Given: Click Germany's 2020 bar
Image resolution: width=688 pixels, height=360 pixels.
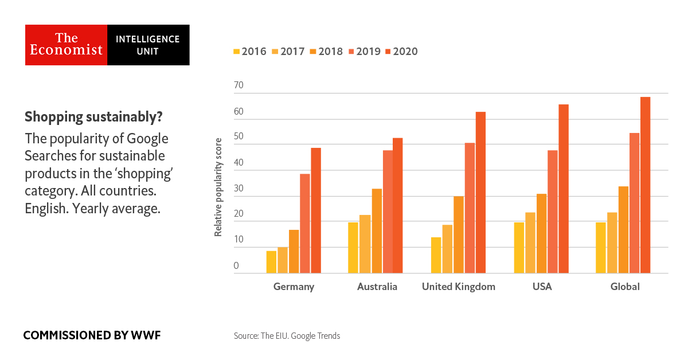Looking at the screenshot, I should [316, 210].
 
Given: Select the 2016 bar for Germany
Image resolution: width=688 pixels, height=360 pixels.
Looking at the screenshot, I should [271, 262].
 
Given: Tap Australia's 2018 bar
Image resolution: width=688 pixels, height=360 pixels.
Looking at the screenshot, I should [377, 231].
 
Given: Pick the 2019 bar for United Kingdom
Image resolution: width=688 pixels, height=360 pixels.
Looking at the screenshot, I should [470, 208].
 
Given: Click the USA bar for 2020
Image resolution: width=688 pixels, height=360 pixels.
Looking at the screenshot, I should [563, 189].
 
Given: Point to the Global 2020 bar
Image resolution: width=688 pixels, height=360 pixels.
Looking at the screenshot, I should [646, 185].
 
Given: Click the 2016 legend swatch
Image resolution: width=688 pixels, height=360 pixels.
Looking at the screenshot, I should [236, 52].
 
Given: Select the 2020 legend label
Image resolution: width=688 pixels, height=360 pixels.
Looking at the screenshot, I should [406, 52].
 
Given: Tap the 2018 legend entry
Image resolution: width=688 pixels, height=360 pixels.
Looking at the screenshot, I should [326, 52].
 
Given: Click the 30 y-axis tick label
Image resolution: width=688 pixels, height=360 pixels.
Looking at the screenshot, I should [239, 189].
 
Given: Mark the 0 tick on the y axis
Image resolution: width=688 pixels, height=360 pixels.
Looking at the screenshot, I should [236, 266].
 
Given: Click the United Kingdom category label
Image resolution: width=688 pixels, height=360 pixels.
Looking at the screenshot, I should [458, 287].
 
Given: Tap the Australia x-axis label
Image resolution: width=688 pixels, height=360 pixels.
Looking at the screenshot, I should [377, 287].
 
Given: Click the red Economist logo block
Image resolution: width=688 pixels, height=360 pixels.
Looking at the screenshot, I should [67, 45].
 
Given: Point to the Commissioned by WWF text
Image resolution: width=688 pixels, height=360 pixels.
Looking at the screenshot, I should [92, 335].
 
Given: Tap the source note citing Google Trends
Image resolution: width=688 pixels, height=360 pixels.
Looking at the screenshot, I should [287, 336].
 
